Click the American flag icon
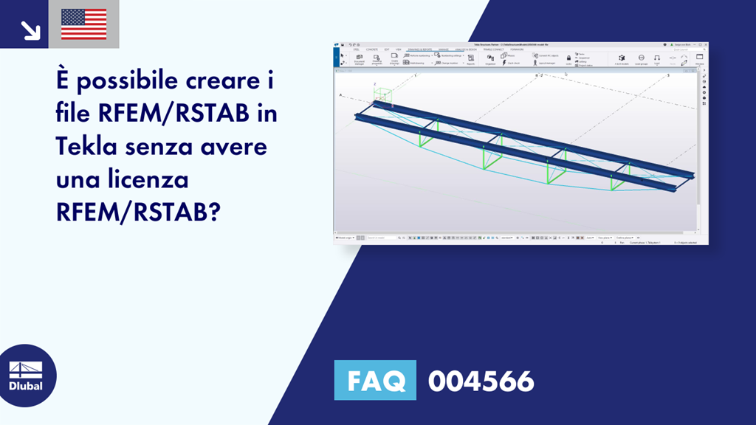(83, 24)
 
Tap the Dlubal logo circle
(26, 376)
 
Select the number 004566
(481, 381)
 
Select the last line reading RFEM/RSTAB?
(138, 212)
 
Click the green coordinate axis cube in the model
(383, 95)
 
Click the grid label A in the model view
(340, 95)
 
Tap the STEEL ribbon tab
(357, 49)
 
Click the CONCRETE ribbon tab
(372, 49)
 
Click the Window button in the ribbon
(699, 59)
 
